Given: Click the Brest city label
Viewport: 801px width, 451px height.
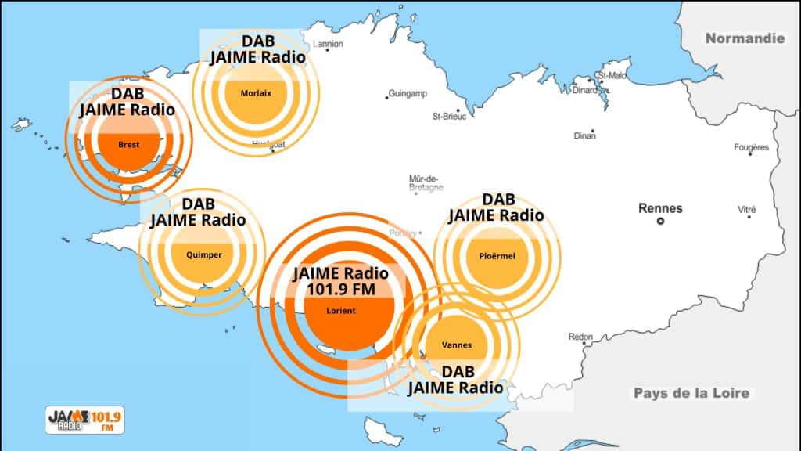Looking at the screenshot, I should point(128,144).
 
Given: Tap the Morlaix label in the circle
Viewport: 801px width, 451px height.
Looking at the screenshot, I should point(256,92).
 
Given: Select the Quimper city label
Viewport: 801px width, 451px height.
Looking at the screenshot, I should point(204,254).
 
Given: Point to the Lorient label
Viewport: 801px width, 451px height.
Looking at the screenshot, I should point(340,311).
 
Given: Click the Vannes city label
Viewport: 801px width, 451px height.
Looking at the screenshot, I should point(455,345).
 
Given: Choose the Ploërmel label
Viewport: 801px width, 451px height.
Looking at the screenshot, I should point(497,255).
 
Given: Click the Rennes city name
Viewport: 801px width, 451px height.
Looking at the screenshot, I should point(660,208).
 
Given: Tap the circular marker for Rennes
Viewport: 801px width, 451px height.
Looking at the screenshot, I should point(660,222).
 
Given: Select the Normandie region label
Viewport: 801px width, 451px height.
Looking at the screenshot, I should point(744,38).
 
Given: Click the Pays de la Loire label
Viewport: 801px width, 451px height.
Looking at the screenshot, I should point(691,393).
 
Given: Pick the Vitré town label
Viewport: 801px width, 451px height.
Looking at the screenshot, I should point(747,210).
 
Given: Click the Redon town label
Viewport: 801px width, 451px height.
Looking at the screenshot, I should point(580,337).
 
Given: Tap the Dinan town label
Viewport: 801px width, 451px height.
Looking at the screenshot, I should point(584,135).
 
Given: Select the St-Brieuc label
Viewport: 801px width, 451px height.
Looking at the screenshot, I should point(449,116).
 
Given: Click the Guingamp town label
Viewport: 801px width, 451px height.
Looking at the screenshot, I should point(408,94).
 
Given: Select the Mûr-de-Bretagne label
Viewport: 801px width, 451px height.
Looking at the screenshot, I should point(426,182).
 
